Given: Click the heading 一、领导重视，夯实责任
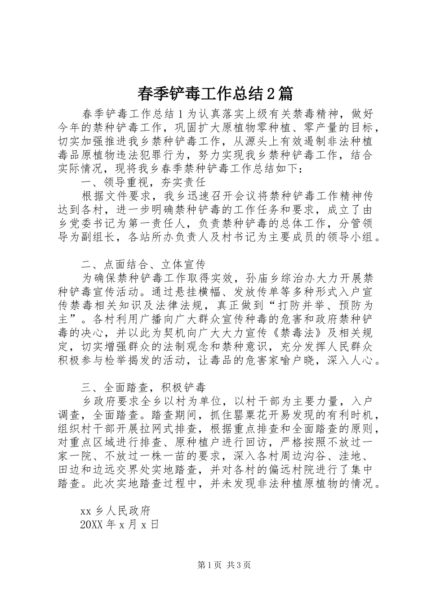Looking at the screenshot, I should [x=143, y=182].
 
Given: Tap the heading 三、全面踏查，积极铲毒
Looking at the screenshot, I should [x=143, y=387].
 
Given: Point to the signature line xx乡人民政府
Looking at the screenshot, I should [x=115, y=511].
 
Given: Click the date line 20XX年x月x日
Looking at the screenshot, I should [x=119, y=524].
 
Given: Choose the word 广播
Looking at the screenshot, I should [x=154, y=319].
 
